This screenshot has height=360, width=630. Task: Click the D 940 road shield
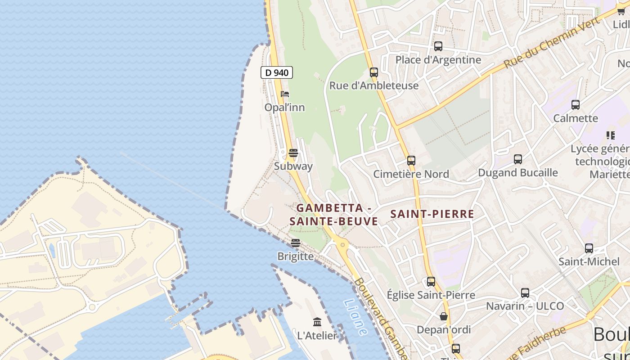click(x=277, y=72)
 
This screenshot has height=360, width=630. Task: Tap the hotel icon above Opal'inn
click(x=285, y=94)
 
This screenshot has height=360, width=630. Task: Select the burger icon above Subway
click(x=293, y=153)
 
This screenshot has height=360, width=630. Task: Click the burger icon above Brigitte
click(x=296, y=243)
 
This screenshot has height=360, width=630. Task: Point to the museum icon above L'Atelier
click(x=317, y=322)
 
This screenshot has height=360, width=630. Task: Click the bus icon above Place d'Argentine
click(x=438, y=46)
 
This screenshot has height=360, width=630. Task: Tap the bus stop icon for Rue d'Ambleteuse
click(x=374, y=72)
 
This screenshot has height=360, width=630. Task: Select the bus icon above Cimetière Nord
click(x=411, y=161)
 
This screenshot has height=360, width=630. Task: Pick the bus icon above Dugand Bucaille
click(x=518, y=159)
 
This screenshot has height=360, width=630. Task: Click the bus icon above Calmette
click(x=576, y=105)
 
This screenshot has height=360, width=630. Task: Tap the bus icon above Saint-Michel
click(x=589, y=248)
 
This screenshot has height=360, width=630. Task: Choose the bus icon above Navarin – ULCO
click(x=525, y=293)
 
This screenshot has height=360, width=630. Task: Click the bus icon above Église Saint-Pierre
click(x=431, y=282)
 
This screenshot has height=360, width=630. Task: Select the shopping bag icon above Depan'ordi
click(x=444, y=316)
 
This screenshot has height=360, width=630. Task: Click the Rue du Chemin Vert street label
click(x=552, y=43)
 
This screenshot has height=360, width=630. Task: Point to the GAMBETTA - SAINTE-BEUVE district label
click(x=333, y=215)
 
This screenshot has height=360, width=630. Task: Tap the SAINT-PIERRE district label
click(x=432, y=214)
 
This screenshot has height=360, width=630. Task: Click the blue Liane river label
click(x=355, y=317)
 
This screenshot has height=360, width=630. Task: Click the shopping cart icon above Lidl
click(x=621, y=11)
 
